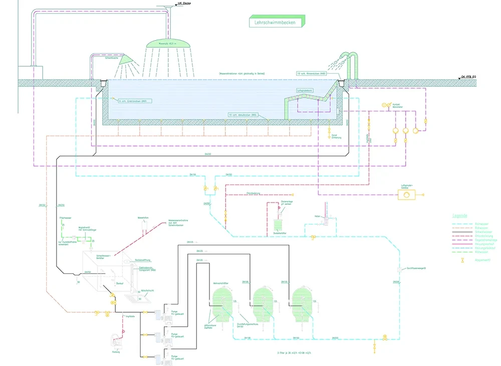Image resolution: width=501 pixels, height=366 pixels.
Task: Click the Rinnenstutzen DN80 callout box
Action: click(312, 74)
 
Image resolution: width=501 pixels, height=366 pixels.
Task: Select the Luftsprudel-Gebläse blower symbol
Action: click(406, 195)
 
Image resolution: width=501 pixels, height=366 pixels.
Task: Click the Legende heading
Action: click(460, 216)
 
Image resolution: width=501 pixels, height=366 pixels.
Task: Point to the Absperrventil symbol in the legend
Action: click(463, 260)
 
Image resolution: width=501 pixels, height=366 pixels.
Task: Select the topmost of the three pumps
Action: click(162, 315)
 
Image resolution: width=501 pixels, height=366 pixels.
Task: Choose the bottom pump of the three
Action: click(162, 358)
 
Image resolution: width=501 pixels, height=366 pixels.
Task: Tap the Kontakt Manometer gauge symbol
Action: click(385, 105)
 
